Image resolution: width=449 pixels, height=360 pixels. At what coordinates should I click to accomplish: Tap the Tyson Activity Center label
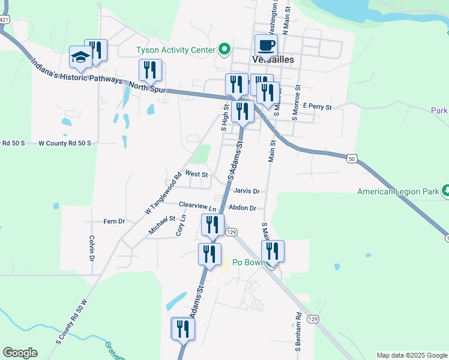coord(175,49)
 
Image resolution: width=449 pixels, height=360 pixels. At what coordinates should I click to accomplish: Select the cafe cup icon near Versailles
coord(266,46)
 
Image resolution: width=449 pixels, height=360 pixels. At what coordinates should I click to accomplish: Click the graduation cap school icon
coord(80,57)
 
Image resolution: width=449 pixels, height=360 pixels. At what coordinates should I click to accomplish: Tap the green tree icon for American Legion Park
coord(446,191)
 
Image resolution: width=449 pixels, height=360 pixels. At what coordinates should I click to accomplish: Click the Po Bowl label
coord(249,262)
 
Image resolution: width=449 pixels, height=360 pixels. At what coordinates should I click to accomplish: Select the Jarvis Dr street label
coord(246,191)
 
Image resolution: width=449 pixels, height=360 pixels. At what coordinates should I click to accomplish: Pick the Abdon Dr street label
coord(243,208)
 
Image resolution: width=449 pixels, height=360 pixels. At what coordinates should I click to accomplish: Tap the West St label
coord(196,174)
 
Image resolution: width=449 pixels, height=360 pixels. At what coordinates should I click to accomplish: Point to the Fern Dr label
coord(113,221)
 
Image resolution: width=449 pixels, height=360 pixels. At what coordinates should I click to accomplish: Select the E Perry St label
coord(317,107)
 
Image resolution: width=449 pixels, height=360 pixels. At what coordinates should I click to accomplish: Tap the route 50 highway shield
coord(352,158)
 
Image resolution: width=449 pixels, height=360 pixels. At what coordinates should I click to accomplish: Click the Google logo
coord(20,353)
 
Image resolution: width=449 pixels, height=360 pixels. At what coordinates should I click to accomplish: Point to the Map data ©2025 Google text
coord(412,355)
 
